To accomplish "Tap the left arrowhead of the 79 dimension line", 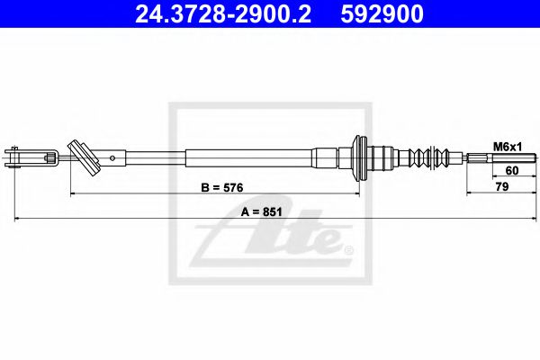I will tap(468, 193).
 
